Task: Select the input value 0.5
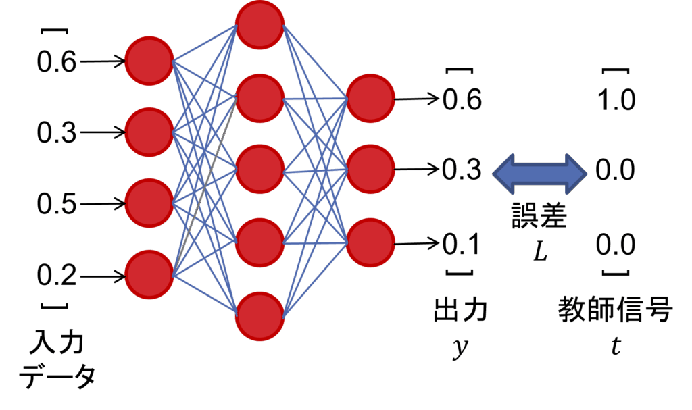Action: [57, 204]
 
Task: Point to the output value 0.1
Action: [461, 243]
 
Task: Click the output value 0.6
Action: [462, 100]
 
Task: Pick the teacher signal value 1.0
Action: [616, 100]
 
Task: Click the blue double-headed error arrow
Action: [539, 171]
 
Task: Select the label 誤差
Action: [538, 217]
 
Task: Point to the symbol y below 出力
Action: [460, 349]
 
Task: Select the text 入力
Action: [56, 344]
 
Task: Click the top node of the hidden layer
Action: [260, 26]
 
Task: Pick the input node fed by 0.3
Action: [149, 132]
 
